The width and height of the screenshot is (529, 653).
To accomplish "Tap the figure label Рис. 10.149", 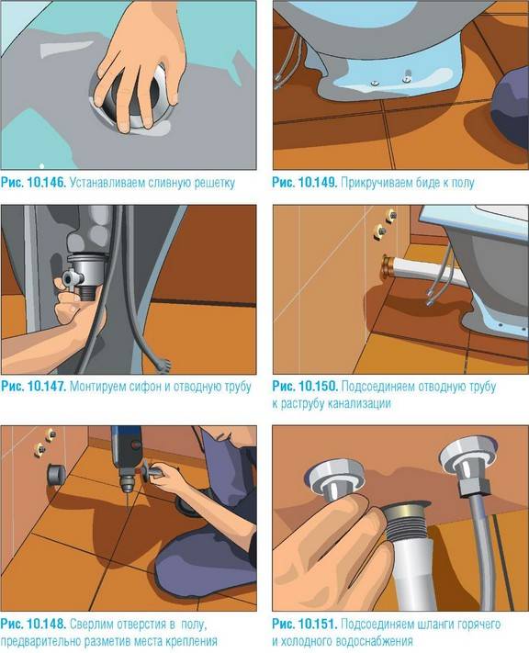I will (304, 182).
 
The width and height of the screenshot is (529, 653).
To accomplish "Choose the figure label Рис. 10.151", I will (304, 625).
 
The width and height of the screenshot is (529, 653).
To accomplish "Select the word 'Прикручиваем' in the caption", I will (376, 182).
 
